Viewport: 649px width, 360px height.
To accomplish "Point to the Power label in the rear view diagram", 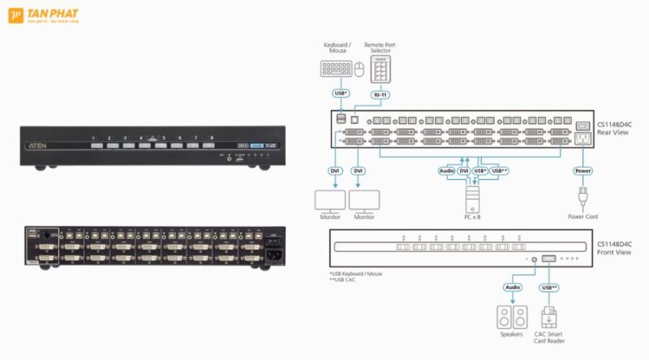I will click(x=582, y=171).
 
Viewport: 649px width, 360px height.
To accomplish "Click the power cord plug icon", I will click(x=582, y=197).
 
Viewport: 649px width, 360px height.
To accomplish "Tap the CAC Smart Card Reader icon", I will click(x=550, y=316).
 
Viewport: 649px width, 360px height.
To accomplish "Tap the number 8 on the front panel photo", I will click(x=213, y=138).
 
